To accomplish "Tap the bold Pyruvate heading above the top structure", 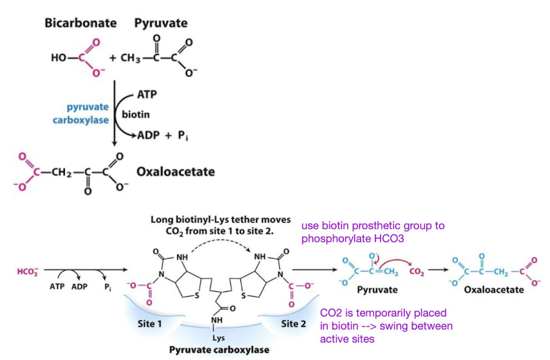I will [x=161, y=23].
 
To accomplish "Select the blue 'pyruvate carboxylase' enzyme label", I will [x=88, y=113].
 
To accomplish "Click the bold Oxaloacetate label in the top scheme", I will [x=176, y=172].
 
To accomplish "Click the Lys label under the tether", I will [x=218, y=338].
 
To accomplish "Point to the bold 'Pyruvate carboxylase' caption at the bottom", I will [x=219, y=349].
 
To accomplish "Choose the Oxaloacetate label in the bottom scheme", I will [x=494, y=290].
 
